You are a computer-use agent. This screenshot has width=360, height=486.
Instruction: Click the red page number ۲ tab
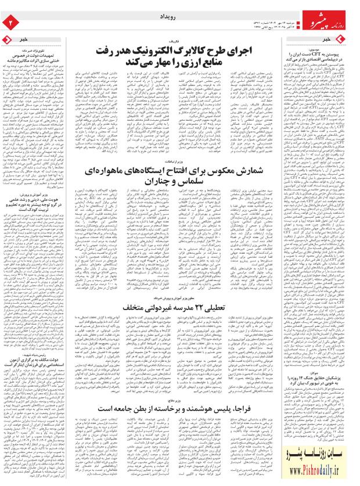(9, 22)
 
